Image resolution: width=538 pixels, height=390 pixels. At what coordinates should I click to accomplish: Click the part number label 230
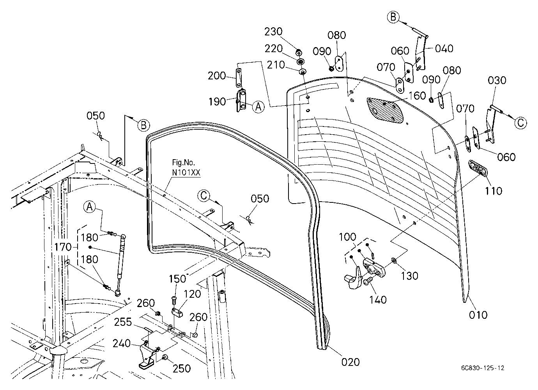tap(273, 32)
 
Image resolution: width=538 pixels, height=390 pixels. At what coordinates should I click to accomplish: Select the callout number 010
tap(478, 315)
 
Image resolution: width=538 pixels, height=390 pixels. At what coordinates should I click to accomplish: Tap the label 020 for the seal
tap(350, 362)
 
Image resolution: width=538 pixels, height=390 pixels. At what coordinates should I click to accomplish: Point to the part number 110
tap(493, 191)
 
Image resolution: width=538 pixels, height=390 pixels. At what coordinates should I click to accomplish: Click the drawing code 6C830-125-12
tap(483, 368)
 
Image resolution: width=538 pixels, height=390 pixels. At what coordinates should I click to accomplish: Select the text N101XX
tap(186, 172)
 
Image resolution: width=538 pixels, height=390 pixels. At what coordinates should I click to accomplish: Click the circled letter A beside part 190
tap(258, 107)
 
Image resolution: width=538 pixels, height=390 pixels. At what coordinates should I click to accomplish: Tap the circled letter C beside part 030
tap(520, 123)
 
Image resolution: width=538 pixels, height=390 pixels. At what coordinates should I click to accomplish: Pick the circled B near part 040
tap(393, 17)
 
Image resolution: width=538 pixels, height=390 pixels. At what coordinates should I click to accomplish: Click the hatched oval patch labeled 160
tap(385, 110)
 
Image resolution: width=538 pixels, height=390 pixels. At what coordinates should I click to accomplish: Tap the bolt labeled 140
tap(368, 281)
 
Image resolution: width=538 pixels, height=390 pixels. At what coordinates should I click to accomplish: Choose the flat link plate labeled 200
tap(238, 78)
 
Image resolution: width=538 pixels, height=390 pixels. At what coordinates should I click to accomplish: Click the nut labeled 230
tap(299, 53)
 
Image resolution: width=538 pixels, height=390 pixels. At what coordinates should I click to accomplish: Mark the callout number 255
tap(123, 322)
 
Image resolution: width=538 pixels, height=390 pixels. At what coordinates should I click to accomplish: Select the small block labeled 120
tap(177, 313)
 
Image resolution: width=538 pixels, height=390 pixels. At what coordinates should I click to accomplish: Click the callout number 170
tap(63, 247)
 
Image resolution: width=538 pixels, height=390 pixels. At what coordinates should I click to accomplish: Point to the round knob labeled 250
tap(165, 357)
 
